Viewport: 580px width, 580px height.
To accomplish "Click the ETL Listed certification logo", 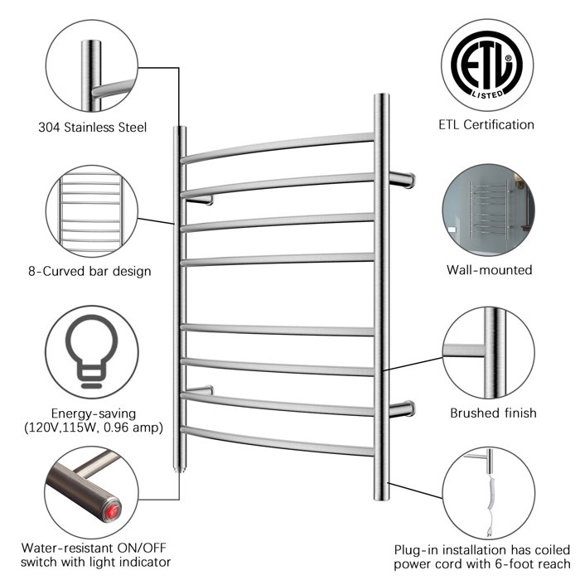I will tap(486, 63).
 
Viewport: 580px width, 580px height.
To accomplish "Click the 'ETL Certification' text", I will tap(486, 125).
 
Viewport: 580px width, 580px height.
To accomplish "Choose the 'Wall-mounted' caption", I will tap(489, 269).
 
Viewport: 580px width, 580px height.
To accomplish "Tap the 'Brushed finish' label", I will tap(493, 413).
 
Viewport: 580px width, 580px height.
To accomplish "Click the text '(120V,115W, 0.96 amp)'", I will tap(93, 428).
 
